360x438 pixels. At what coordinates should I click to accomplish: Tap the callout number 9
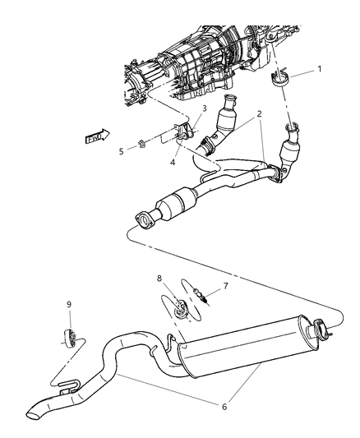click(x=69, y=305)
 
